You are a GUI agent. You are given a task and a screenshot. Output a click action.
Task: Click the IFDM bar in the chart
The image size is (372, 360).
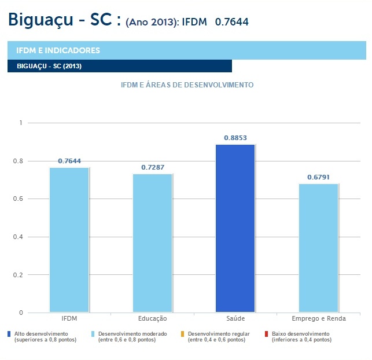click(x=69, y=240)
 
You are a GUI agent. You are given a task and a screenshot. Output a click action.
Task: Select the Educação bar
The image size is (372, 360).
click(x=153, y=243)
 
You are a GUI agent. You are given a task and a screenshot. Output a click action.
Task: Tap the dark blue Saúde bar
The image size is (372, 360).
click(x=235, y=228)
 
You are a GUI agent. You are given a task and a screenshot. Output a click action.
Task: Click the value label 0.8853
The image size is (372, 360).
click(x=235, y=138)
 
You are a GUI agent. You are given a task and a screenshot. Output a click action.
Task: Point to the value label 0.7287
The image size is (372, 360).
click(x=153, y=167)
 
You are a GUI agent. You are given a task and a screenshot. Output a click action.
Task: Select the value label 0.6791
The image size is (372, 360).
click(x=318, y=177)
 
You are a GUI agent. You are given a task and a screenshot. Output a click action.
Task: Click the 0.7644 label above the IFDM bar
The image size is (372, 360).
click(x=69, y=161)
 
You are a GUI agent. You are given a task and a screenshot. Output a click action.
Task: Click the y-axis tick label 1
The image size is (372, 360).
click(x=20, y=123)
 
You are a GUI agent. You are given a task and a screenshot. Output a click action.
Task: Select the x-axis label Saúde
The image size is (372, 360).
click(x=235, y=319)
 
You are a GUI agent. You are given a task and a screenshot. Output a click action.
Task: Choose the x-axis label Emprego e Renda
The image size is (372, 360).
click(x=319, y=319)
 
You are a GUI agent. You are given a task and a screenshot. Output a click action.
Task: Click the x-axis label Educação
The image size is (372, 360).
click(x=153, y=319)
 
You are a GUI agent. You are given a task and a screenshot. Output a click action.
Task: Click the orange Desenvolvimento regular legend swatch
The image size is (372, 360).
click(x=183, y=334)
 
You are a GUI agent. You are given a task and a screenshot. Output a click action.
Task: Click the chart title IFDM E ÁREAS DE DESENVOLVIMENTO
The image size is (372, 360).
click(x=187, y=85)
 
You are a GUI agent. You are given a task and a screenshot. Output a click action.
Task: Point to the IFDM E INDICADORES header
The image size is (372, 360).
click(x=58, y=50)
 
